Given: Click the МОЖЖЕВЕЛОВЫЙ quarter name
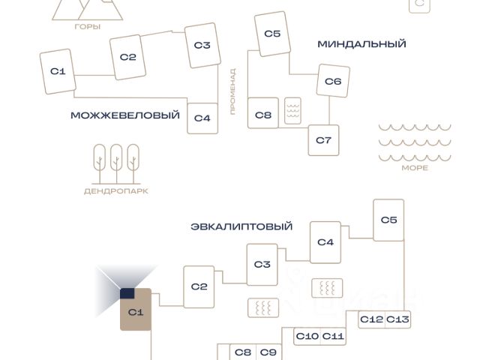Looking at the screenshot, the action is pyautogui.click(x=125, y=115).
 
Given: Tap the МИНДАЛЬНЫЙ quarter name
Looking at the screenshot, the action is pyautogui.click(x=361, y=44).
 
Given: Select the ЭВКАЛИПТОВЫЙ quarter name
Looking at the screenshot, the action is pyautogui.click(x=241, y=226).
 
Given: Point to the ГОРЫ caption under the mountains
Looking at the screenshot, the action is pyautogui.click(x=88, y=27).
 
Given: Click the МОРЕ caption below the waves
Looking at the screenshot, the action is pyautogui.click(x=415, y=168).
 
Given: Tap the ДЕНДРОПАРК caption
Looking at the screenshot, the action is pyautogui.click(x=116, y=191).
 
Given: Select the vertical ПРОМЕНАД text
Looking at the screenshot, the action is pyautogui.click(x=233, y=91).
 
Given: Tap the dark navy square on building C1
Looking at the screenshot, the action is pyautogui.click(x=127, y=293).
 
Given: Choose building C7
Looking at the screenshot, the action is pyautogui.click(x=323, y=140).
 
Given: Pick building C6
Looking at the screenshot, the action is pyautogui.click(x=333, y=81).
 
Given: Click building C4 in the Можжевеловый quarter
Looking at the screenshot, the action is pyautogui.click(x=202, y=118).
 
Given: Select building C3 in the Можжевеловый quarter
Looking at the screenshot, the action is pyautogui.click(x=202, y=45).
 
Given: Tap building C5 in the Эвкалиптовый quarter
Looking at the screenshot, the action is pyautogui.click(x=388, y=220).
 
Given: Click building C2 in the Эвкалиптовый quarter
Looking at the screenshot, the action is pyautogui.click(x=199, y=286).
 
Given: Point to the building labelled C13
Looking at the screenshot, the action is pyautogui.click(x=397, y=319).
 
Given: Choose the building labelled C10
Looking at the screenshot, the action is pyautogui.click(x=307, y=337).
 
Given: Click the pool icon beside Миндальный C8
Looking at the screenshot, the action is pyautogui.click(x=292, y=111).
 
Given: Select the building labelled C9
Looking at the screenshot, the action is pyautogui.click(x=268, y=352).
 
